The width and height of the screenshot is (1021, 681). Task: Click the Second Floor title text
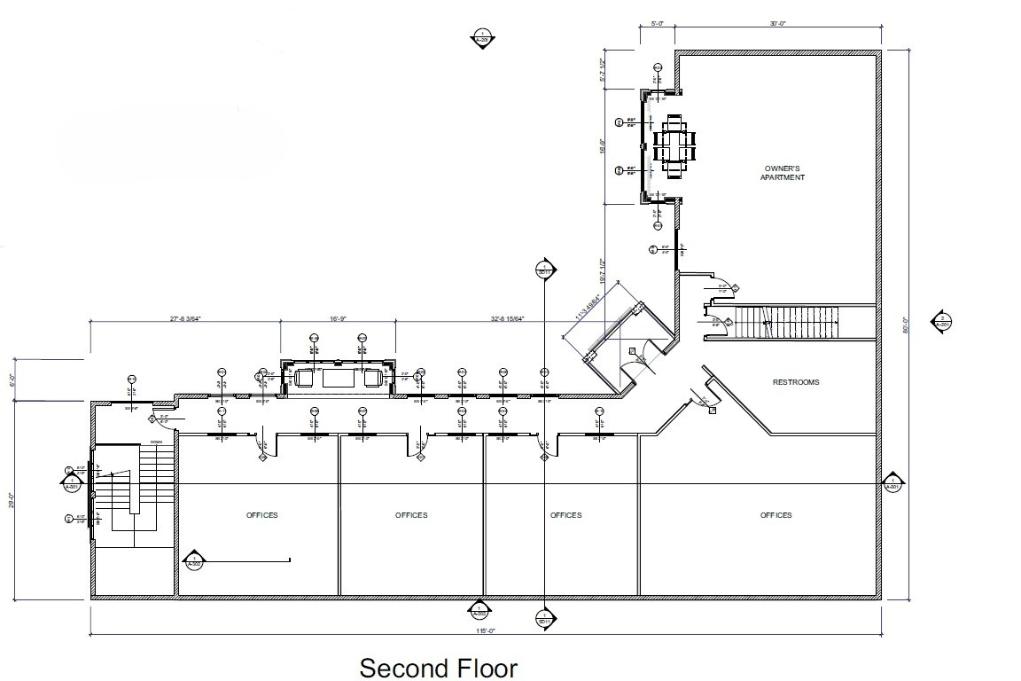(438, 667)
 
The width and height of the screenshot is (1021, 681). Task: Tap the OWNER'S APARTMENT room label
(782, 173)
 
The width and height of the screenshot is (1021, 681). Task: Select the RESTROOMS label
(795, 382)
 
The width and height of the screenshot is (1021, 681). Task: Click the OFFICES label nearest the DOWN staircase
(262, 515)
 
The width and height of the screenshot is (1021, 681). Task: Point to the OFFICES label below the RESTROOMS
(775, 515)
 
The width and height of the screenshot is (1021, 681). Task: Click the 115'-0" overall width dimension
(485, 630)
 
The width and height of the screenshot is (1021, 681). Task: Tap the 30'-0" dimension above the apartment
(778, 24)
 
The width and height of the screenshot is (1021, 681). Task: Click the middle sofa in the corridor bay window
(338, 378)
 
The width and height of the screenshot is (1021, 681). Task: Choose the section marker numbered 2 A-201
(943, 322)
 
